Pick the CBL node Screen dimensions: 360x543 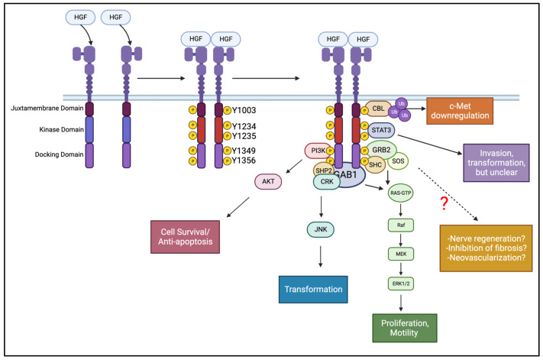coord(377,110)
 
